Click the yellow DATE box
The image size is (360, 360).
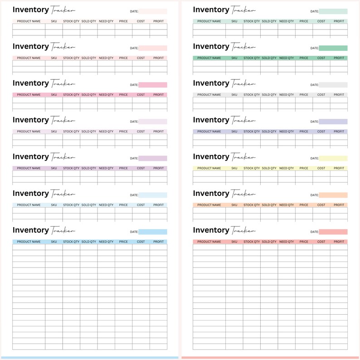click(x=333, y=159)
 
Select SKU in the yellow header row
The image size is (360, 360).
click(x=234, y=168)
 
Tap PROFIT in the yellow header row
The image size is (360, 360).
click(x=339, y=168)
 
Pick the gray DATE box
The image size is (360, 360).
click(x=333, y=85)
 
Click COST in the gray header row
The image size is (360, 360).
click(x=321, y=95)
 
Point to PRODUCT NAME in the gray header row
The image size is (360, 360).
click(x=209, y=95)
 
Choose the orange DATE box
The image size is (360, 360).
click(x=333, y=195)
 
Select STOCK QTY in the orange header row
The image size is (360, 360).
click(x=252, y=205)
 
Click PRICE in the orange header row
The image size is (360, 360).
click(x=304, y=205)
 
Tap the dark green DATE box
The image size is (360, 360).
click(x=333, y=48)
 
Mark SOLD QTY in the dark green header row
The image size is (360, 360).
click(x=269, y=58)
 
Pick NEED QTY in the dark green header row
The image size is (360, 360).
click(x=286, y=58)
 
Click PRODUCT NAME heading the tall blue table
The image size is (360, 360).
click(x=29, y=242)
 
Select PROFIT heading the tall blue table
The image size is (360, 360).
click(x=158, y=242)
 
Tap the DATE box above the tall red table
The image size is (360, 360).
click(x=333, y=232)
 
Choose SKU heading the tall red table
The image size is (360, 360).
click(x=234, y=242)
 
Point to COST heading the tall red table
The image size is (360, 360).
click(x=321, y=242)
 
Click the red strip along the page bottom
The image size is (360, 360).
click(x=270, y=358)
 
